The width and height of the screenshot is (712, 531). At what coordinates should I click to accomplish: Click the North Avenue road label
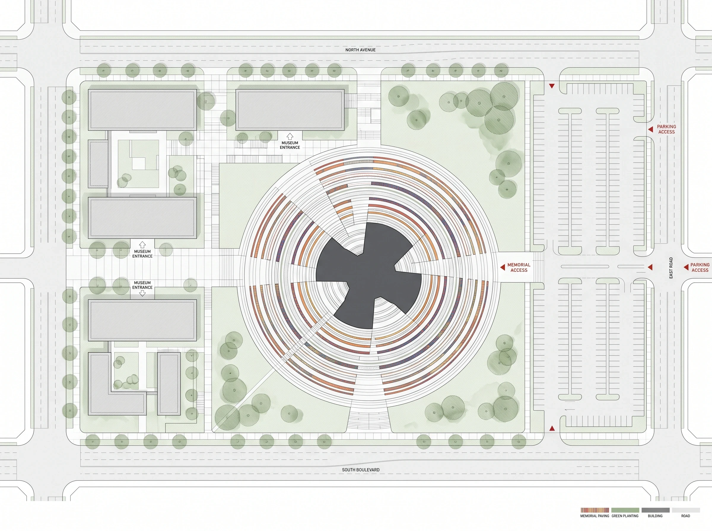(x=360, y=50)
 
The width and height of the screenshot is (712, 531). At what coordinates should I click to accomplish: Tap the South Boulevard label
(x=361, y=470)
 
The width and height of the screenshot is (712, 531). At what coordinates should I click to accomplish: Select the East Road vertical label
(x=671, y=268)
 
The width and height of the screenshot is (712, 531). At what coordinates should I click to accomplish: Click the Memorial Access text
(x=519, y=268)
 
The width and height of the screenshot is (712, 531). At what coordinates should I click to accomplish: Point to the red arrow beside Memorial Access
(x=503, y=267)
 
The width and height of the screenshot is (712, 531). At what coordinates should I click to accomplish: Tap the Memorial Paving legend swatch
(x=595, y=510)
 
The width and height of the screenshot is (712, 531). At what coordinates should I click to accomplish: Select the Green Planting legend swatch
(x=625, y=510)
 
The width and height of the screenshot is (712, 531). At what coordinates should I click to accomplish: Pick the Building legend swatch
(x=655, y=510)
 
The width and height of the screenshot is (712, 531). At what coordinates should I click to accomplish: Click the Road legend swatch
(x=686, y=510)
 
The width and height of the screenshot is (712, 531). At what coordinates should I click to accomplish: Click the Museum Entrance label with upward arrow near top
(x=290, y=145)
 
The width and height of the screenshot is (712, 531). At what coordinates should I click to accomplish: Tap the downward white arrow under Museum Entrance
(x=142, y=293)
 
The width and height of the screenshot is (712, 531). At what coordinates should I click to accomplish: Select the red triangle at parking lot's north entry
(x=552, y=86)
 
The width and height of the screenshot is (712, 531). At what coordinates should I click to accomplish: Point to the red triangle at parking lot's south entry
(x=552, y=428)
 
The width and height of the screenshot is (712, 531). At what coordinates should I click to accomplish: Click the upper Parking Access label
(x=666, y=129)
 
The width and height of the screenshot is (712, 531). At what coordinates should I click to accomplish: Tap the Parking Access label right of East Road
(x=700, y=268)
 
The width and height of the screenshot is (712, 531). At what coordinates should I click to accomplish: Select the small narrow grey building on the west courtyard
(x=98, y=164)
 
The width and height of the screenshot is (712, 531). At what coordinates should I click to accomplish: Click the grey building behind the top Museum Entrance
(x=290, y=110)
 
